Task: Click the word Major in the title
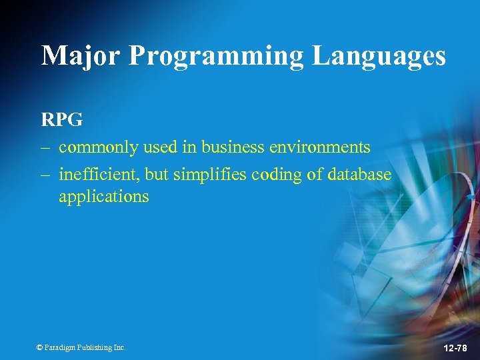pos(80,56)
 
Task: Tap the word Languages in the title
pos(379,56)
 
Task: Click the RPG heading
pos(62,120)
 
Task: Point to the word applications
pos(103,197)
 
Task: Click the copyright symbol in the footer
pos(40,347)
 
